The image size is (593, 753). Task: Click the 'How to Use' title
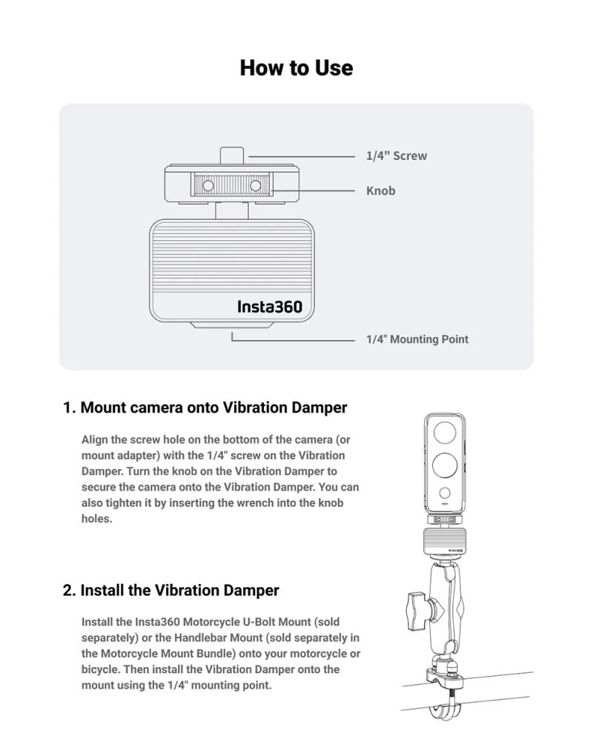[296, 68]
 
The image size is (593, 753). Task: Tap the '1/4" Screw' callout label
[396, 156]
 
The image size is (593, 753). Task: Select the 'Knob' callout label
[380, 191]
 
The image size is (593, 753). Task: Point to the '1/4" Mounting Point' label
[417, 339]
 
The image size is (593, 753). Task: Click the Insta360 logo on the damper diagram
[270, 306]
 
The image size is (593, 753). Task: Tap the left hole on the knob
[208, 185]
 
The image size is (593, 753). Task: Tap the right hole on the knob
[256, 185]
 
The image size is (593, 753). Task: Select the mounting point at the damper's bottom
[232, 325]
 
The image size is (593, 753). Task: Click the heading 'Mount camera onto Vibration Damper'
[213, 408]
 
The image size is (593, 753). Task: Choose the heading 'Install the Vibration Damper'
[179, 591]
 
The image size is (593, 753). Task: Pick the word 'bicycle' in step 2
[101, 669]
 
